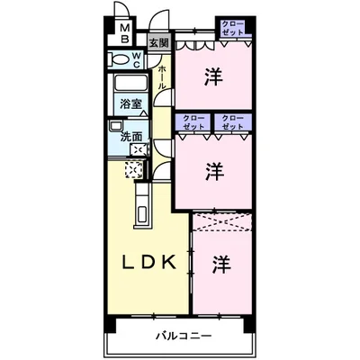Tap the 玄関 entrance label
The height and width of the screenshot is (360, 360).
pos(158,42)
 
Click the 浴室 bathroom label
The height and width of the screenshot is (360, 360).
pos(132,103)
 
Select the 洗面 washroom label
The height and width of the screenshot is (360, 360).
pos(131,136)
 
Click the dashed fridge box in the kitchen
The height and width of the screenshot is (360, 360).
pos(134,169)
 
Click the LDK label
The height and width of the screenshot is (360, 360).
pos(154,263)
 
